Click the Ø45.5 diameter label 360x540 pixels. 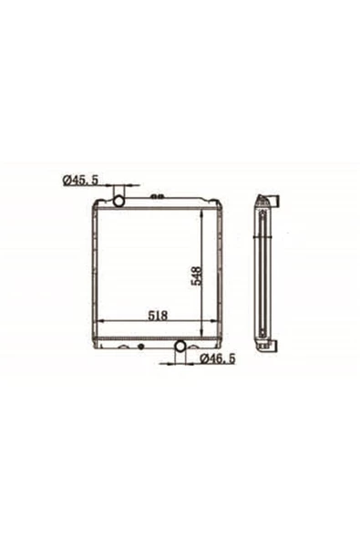80,180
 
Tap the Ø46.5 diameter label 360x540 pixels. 218,358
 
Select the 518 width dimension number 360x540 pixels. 158,316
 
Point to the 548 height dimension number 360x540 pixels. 197,275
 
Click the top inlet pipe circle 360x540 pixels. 118,201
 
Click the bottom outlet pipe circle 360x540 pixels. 180,346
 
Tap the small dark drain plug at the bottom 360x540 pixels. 140,347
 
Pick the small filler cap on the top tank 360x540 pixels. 157,197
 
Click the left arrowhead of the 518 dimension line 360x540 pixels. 101,321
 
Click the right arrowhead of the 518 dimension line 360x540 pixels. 214,321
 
